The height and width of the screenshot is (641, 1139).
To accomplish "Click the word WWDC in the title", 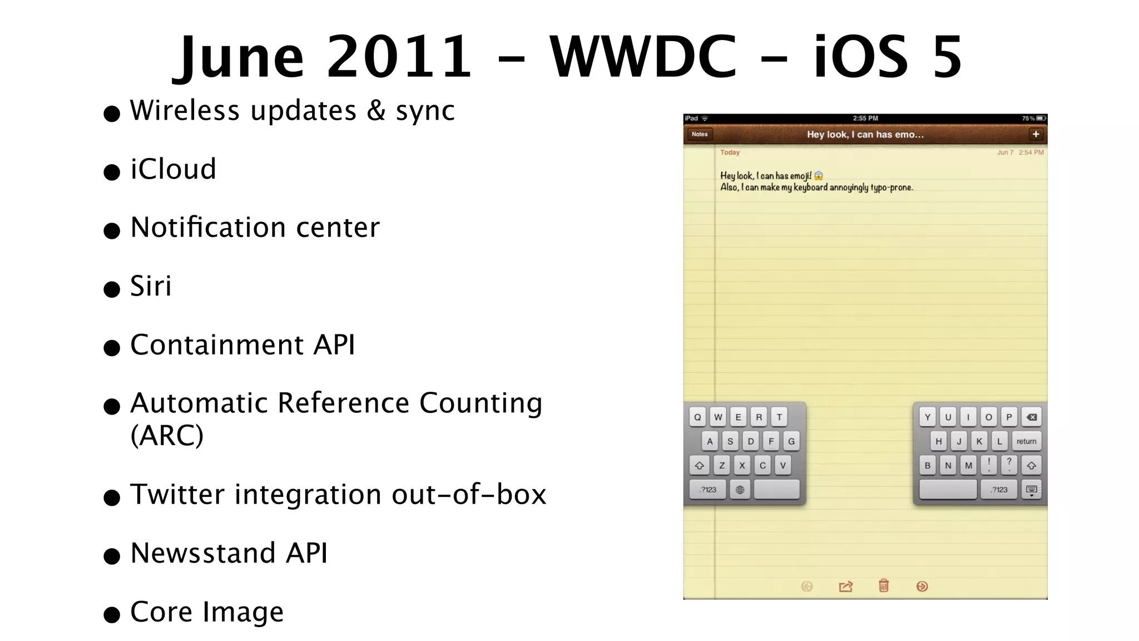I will tap(643, 57).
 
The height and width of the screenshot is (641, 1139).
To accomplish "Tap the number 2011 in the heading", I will tap(399, 57).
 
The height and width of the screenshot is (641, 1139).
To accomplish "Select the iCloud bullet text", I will tap(173, 169).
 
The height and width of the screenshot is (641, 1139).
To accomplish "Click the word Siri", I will tap(151, 287).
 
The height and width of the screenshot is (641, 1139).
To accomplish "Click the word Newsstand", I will tap(203, 554).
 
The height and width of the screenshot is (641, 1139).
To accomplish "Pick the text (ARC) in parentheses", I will tap(167, 435).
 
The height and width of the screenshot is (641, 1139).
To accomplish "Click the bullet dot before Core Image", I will tap(112, 615).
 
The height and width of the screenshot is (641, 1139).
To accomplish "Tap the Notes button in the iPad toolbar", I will tap(699, 134).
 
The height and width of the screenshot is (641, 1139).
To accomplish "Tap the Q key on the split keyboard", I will tap(697, 417).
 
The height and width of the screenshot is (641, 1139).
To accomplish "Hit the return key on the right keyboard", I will tap(1026, 441).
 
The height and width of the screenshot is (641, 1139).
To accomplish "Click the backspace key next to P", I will tap(1031, 417).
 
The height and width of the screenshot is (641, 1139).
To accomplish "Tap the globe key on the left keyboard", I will tap(740, 490).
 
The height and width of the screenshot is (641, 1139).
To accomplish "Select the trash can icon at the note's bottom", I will tap(884, 586).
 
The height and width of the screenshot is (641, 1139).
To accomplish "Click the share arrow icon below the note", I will tap(845, 586).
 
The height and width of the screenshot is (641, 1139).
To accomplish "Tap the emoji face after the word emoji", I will tap(818, 176).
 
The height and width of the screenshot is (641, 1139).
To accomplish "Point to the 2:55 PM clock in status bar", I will tap(865, 119).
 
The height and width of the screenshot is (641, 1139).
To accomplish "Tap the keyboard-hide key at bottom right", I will tap(1031, 490).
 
